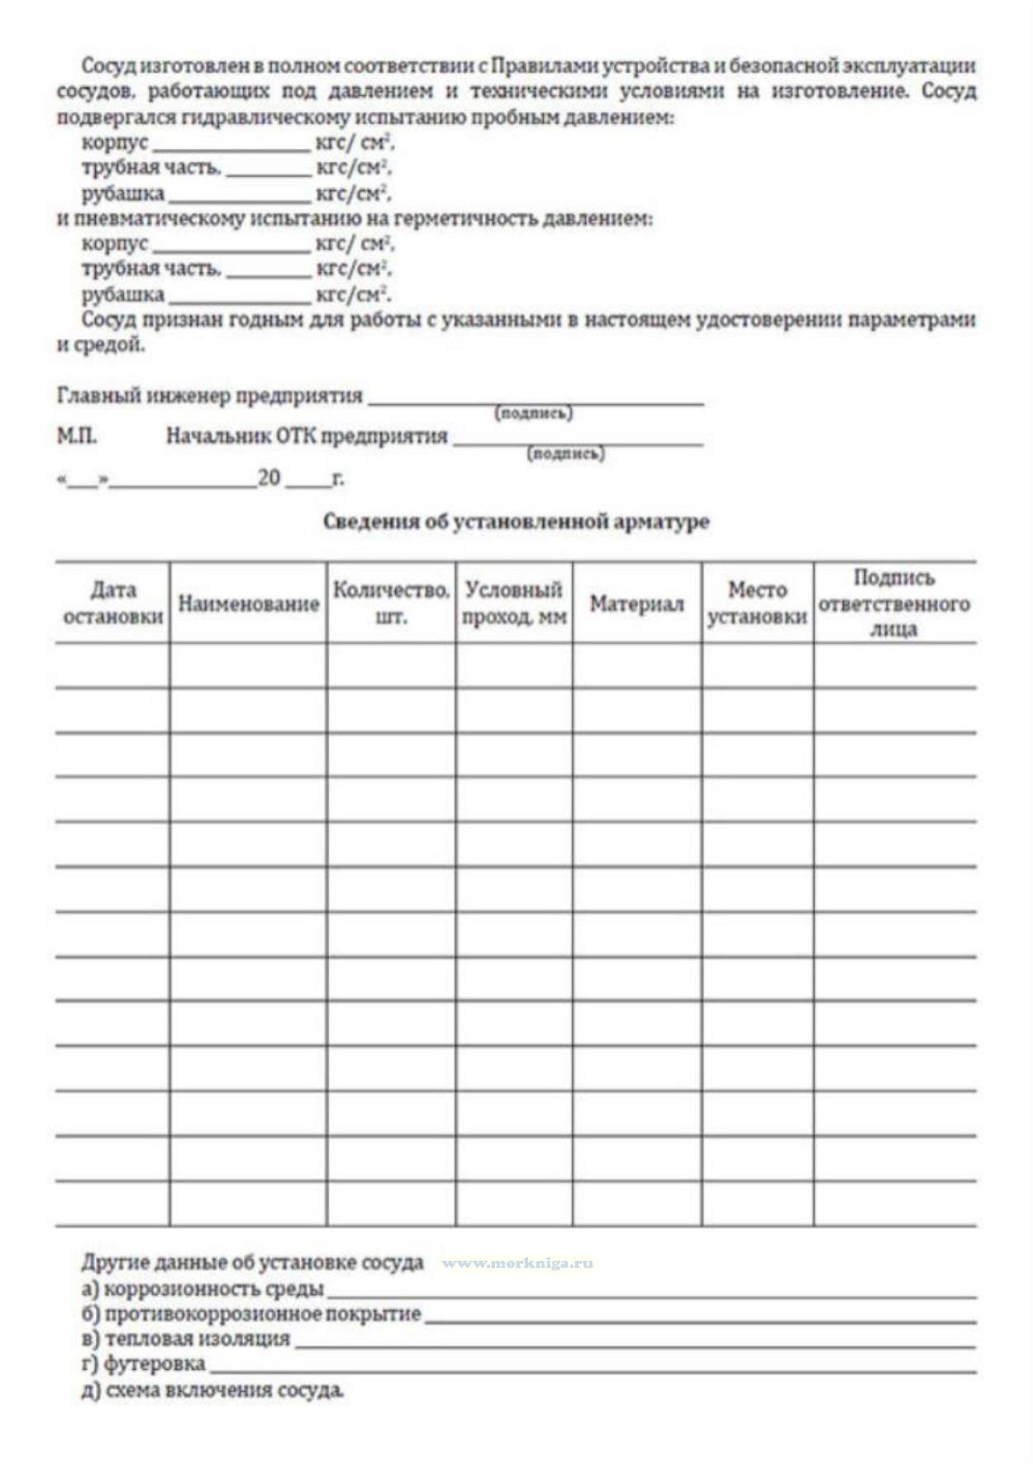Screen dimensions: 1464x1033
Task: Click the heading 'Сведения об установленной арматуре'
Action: coord(516,522)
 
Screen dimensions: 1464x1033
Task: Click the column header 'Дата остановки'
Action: coord(113,603)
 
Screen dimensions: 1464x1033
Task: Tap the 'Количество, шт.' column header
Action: coord(391,603)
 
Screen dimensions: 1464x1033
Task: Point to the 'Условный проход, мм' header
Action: coord(514,603)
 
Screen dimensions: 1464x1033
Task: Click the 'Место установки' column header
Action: coord(757,603)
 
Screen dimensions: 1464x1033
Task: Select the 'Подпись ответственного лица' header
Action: coord(893,603)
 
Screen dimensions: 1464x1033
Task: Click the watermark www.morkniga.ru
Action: coord(517,1263)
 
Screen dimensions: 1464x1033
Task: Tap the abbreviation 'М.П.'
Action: coord(76,436)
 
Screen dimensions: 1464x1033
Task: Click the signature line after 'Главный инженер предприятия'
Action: coord(536,402)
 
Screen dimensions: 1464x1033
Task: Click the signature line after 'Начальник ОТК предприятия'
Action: coord(578,442)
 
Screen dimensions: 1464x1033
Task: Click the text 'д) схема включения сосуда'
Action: coord(212,1390)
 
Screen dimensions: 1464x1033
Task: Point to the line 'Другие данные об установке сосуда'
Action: coord(252,1262)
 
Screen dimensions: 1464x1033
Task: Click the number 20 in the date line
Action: coord(269,478)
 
